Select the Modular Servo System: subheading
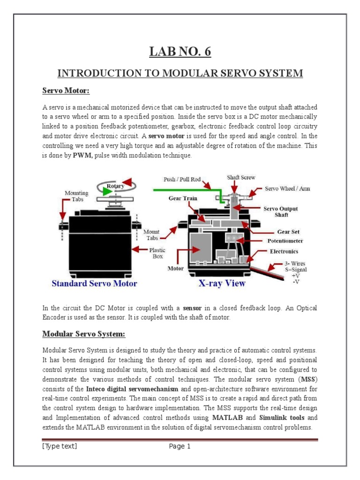click(x=84, y=334)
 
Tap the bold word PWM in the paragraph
click(x=82, y=155)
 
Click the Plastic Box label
click(x=157, y=254)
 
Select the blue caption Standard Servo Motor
click(x=94, y=283)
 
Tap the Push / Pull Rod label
click(x=182, y=179)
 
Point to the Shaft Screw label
click(x=241, y=178)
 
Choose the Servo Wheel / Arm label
click(x=287, y=188)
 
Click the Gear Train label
click(x=183, y=198)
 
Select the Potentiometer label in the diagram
click(x=285, y=241)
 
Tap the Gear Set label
click(x=288, y=232)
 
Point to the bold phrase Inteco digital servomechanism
click(x=133, y=389)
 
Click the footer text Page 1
click(x=180, y=446)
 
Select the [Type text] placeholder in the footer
click(x=60, y=446)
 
